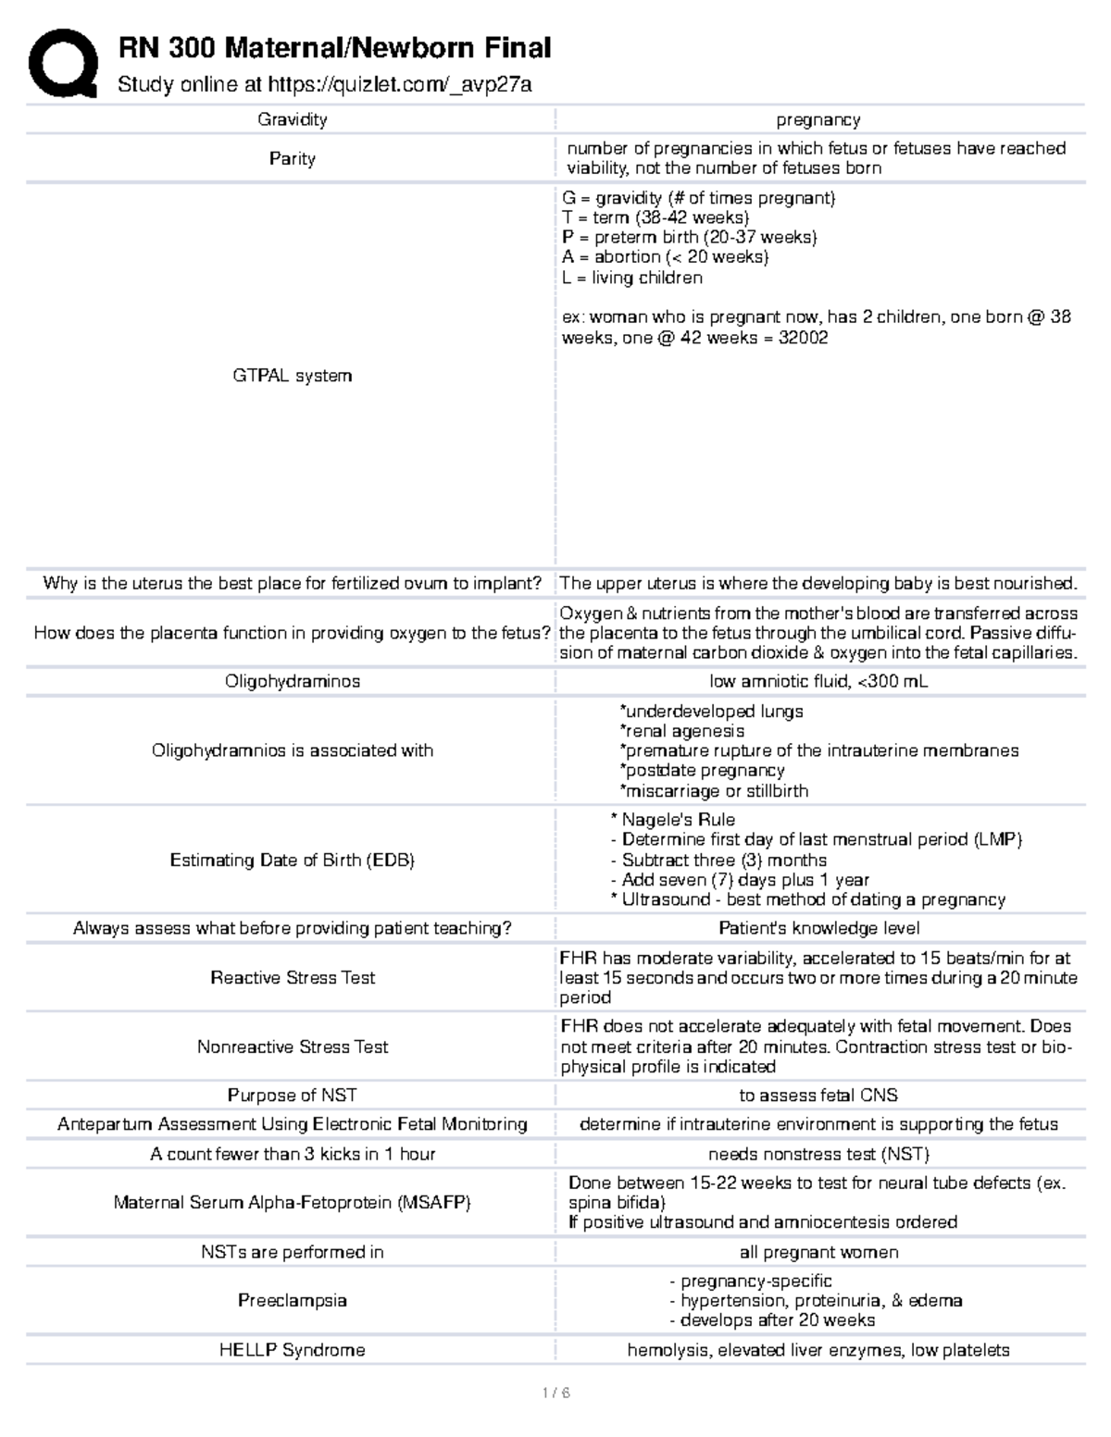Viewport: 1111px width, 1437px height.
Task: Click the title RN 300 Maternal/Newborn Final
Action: (x=334, y=47)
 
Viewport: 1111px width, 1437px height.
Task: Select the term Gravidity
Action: (x=292, y=119)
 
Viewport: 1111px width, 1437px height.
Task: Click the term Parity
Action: (x=292, y=159)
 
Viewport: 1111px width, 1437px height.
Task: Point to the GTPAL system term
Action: (x=292, y=376)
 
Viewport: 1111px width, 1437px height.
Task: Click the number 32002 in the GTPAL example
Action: (x=803, y=338)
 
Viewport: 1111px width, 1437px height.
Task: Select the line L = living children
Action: (x=631, y=278)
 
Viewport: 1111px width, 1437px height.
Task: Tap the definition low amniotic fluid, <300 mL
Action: (x=818, y=681)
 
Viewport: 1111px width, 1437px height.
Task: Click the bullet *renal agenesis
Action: (x=681, y=731)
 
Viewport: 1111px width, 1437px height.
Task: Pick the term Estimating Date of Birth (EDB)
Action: (x=292, y=861)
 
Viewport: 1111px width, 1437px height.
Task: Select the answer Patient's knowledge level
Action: (x=818, y=928)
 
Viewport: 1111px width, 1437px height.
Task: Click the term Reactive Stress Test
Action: (x=293, y=978)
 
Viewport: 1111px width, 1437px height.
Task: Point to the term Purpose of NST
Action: (x=292, y=1095)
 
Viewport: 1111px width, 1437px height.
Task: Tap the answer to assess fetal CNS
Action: (x=818, y=1095)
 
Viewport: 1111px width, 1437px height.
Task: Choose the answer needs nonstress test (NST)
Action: (x=818, y=1154)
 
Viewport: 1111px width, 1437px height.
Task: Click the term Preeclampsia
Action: (x=292, y=1300)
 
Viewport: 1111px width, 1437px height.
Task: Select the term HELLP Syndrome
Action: (x=292, y=1350)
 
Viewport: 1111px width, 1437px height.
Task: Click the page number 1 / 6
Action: (x=555, y=1393)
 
